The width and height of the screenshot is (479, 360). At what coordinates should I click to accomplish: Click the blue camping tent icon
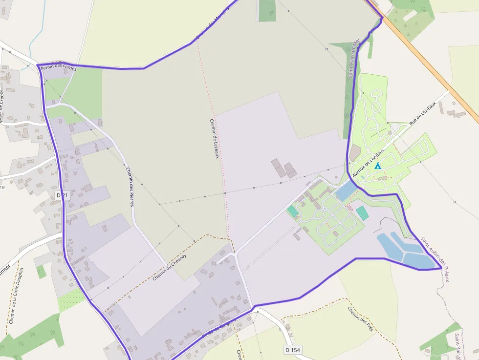click(377, 166)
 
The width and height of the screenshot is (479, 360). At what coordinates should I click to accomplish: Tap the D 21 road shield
click(62, 195)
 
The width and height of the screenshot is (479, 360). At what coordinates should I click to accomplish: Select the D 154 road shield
click(292, 350)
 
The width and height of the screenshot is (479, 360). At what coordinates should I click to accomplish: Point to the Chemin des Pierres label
click(130, 187)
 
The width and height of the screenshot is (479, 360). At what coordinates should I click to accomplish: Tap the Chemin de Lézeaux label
click(214, 139)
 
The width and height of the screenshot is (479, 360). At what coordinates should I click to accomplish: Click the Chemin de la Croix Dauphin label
click(16, 296)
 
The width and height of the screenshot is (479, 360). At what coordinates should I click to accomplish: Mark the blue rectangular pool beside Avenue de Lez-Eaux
click(346, 191)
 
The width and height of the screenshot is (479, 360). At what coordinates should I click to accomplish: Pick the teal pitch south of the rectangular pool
click(362, 213)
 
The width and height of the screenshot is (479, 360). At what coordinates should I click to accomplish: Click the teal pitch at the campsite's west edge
click(292, 211)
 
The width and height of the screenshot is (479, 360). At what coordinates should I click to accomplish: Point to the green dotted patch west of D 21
click(71, 300)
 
